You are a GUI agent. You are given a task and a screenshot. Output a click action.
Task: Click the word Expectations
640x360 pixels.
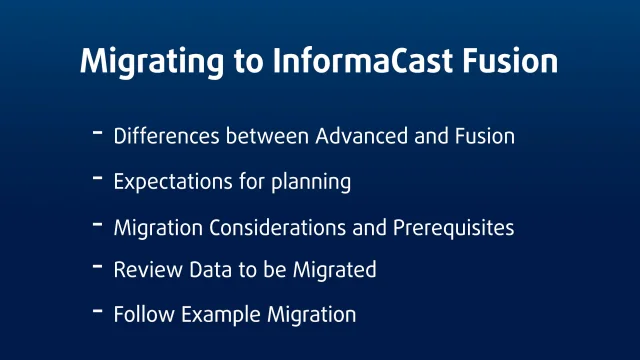click(x=169, y=182)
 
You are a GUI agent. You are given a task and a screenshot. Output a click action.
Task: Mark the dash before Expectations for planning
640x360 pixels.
click(x=97, y=178)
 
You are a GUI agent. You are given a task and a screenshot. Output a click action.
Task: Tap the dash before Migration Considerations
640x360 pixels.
click(x=97, y=224)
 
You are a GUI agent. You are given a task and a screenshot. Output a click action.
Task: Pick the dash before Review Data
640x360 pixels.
click(x=97, y=266)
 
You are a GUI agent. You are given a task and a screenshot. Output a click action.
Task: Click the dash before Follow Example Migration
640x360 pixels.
click(x=97, y=311)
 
